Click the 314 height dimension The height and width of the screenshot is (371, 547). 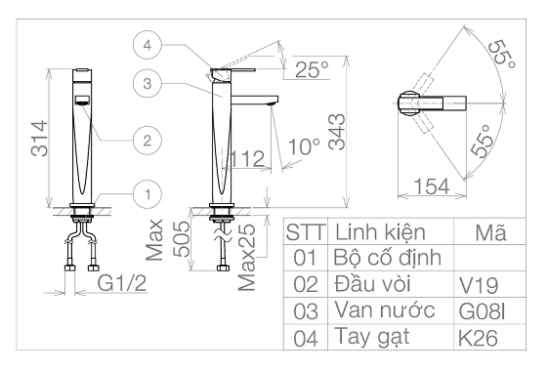tap(39, 139)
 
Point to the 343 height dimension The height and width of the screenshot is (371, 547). tap(337, 132)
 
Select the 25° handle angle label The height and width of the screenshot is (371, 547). tap(312, 69)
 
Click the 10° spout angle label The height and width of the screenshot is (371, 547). tap(304, 146)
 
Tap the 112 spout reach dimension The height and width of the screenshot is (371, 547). tap(247, 158)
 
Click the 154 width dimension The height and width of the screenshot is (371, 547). tap(432, 186)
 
